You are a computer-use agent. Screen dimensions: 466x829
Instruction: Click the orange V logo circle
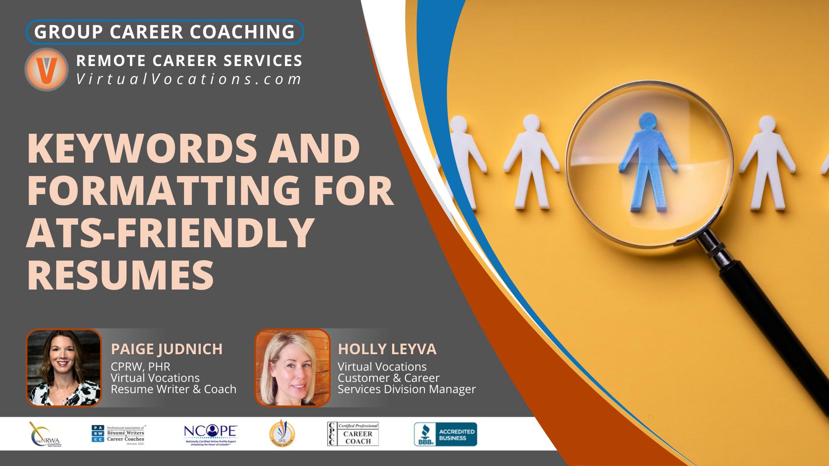[x=46, y=69]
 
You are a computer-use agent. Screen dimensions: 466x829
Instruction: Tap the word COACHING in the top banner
[x=242, y=32]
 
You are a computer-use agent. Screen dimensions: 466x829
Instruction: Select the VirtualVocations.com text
[x=189, y=79]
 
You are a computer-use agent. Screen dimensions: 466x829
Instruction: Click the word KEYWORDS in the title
[x=142, y=148]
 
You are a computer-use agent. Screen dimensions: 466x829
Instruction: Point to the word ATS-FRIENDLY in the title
[x=171, y=233]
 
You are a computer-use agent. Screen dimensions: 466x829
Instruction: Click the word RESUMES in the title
[x=120, y=275]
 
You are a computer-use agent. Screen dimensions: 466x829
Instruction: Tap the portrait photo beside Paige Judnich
[x=64, y=368]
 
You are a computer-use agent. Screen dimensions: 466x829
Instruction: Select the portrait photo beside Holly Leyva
[x=292, y=368]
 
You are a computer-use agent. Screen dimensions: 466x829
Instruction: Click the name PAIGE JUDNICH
[x=167, y=349]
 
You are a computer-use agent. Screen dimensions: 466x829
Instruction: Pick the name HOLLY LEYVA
[x=387, y=349]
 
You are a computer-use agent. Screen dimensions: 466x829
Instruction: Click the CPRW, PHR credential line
[x=140, y=367]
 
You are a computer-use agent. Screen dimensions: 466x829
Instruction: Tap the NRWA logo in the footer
[x=45, y=434]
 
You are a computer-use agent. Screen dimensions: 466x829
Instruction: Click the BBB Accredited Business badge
[x=445, y=434]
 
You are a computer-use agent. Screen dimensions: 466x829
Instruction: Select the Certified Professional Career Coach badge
[x=353, y=434]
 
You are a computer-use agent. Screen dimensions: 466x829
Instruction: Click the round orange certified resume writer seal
[x=282, y=434]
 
